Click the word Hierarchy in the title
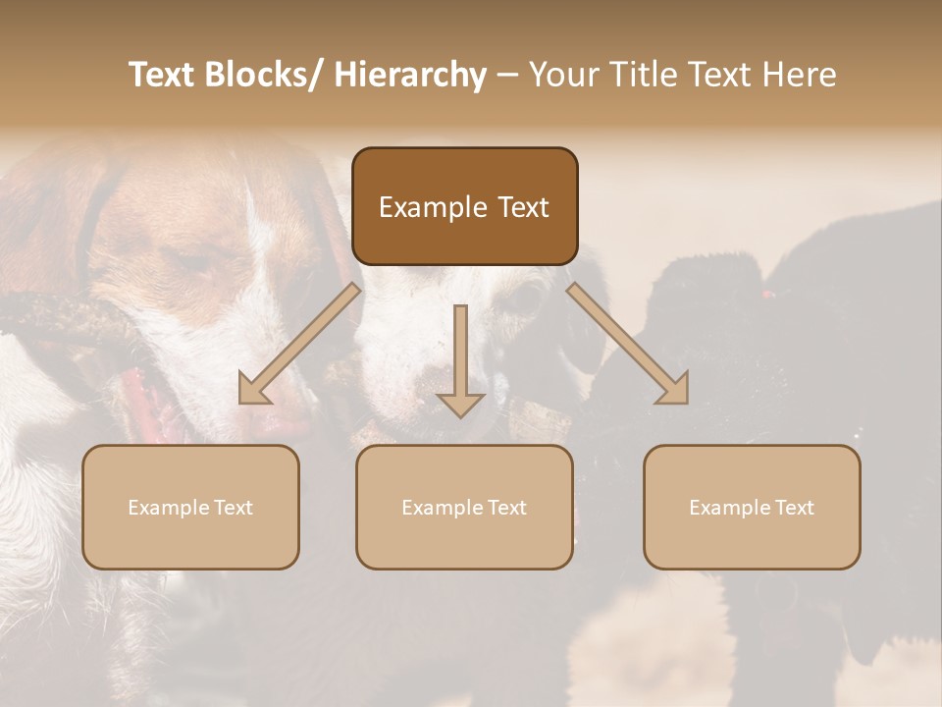point(410,75)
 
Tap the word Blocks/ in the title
point(273,75)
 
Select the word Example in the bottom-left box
point(168,508)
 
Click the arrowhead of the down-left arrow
point(252,390)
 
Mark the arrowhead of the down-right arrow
point(675,390)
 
